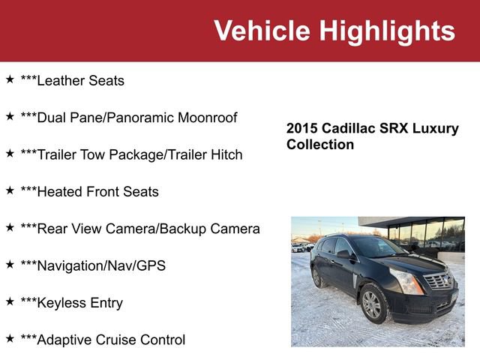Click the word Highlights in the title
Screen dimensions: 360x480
coord(386,31)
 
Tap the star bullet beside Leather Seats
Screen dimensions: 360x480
coord(10,79)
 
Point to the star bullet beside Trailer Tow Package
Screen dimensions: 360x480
coord(10,153)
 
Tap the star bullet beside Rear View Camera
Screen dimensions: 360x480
coord(10,227)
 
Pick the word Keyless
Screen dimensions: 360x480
coord(61,303)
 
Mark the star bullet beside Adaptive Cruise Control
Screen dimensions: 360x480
coord(10,338)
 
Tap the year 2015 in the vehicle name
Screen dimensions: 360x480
coord(302,128)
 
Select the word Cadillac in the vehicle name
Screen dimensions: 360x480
coord(351,128)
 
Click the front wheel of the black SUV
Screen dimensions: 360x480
coord(372,304)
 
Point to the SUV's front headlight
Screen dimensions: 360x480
coord(407,281)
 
